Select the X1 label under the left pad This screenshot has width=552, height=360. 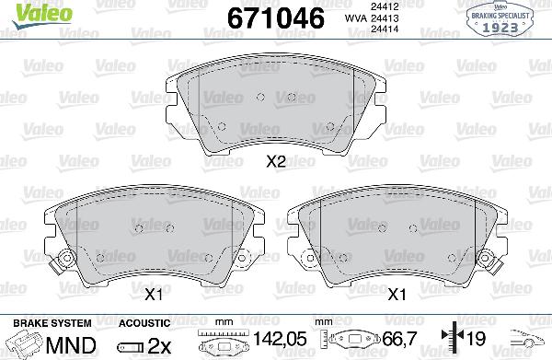[153, 295]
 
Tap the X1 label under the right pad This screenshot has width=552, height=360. [397, 295]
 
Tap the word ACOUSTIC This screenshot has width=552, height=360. [144, 323]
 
